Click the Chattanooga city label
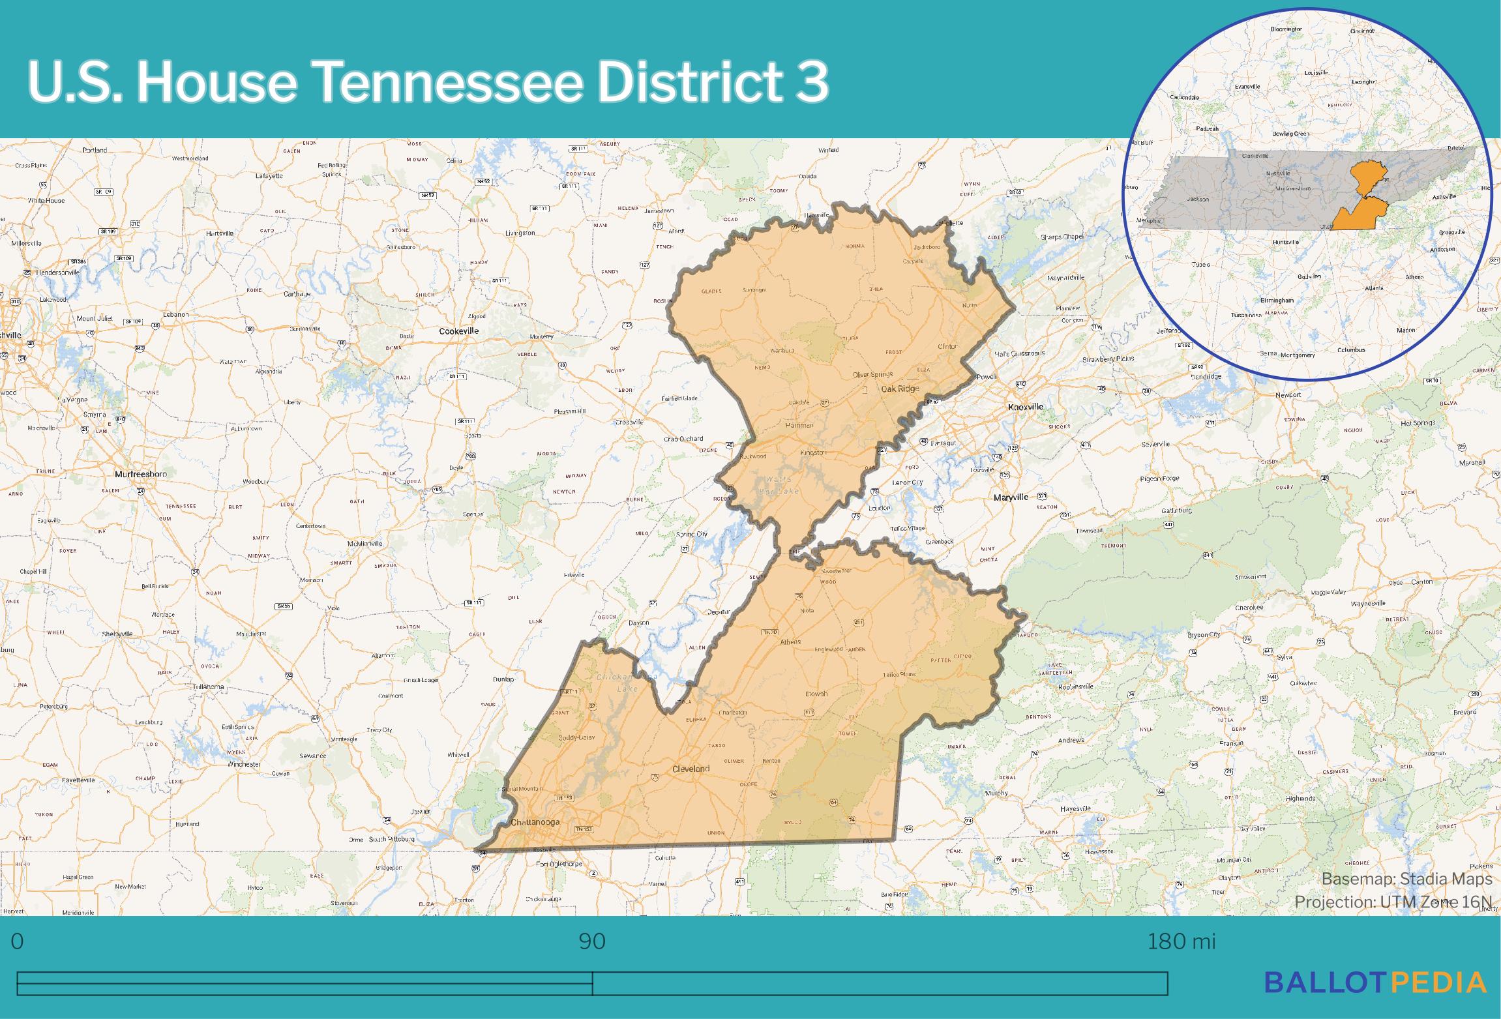535,822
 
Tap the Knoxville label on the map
1026,407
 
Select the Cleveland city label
691,769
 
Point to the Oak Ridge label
900,389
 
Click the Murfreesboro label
141,475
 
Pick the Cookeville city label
458,331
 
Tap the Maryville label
1011,497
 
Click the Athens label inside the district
790,642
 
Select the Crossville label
629,422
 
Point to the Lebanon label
175,314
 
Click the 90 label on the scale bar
592,941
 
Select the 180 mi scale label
1181,941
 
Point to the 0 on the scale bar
18,941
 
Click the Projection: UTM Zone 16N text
1393,902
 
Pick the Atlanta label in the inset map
1373,288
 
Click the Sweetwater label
837,570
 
